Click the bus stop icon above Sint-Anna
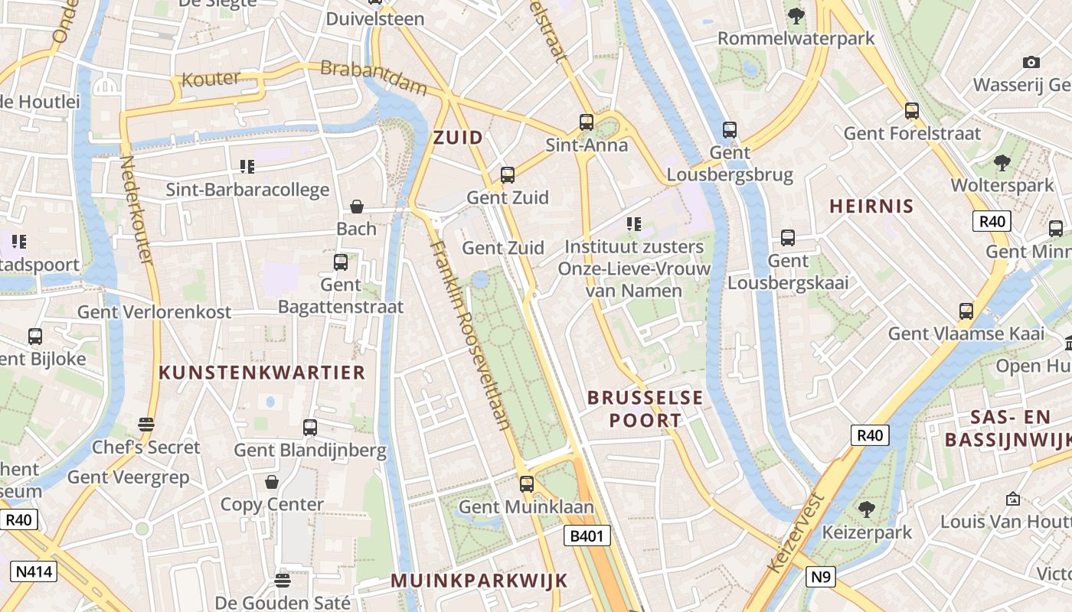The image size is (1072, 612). (587, 122)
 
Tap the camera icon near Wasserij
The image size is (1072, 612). (1031, 62)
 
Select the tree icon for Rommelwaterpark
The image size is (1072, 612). (796, 15)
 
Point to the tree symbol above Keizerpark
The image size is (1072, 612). (867, 509)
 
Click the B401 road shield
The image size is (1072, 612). (588, 535)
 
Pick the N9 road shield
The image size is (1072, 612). (820, 576)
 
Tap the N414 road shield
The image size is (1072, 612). (34, 571)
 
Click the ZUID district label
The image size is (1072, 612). (458, 138)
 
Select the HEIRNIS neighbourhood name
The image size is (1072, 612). (872, 206)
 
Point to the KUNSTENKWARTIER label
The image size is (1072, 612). (262, 373)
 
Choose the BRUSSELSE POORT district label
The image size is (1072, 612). (645, 409)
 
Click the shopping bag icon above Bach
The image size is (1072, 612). (357, 207)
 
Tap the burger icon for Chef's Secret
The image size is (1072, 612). (146, 425)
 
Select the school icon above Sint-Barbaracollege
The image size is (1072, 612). (247, 166)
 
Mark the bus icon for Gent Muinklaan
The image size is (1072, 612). (527, 483)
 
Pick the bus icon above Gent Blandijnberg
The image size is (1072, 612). (310, 428)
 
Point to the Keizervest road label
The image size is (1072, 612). (796, 532)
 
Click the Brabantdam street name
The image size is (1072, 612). (374, 77)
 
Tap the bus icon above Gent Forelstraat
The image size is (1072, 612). (911, 111)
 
